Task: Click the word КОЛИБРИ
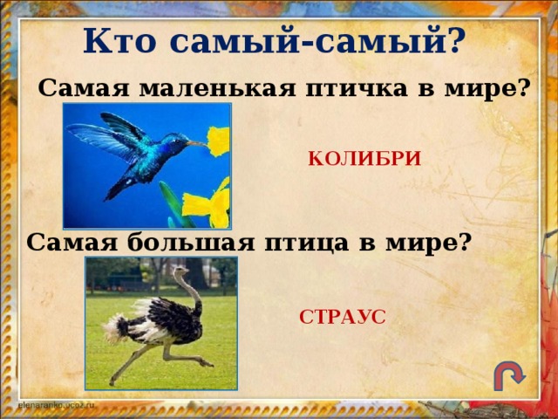(x=364, y=159)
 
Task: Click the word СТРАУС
(x=342, y=317)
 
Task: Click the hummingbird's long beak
(x=196, y=142)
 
